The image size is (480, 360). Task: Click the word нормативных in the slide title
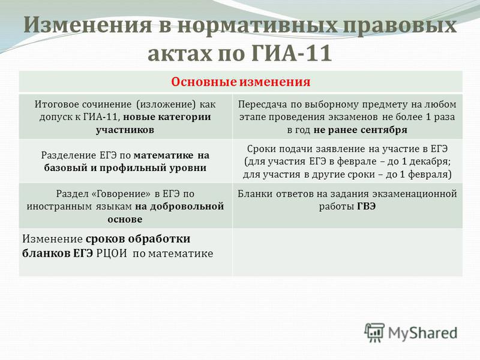(x=257, y=25)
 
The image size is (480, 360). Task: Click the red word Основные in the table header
(x=203, y=82)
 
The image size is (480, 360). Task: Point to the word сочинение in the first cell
(x=107, y=104)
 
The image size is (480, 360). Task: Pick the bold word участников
(x=125, y=130)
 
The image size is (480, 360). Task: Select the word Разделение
(x=69, y=155)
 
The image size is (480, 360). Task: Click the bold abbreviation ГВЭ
(x=366, y=206)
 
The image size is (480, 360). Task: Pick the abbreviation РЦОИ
(x=112, y=254)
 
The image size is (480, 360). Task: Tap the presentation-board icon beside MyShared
(x=374, y=332)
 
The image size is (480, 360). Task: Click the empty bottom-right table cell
(x=347, y=252)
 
